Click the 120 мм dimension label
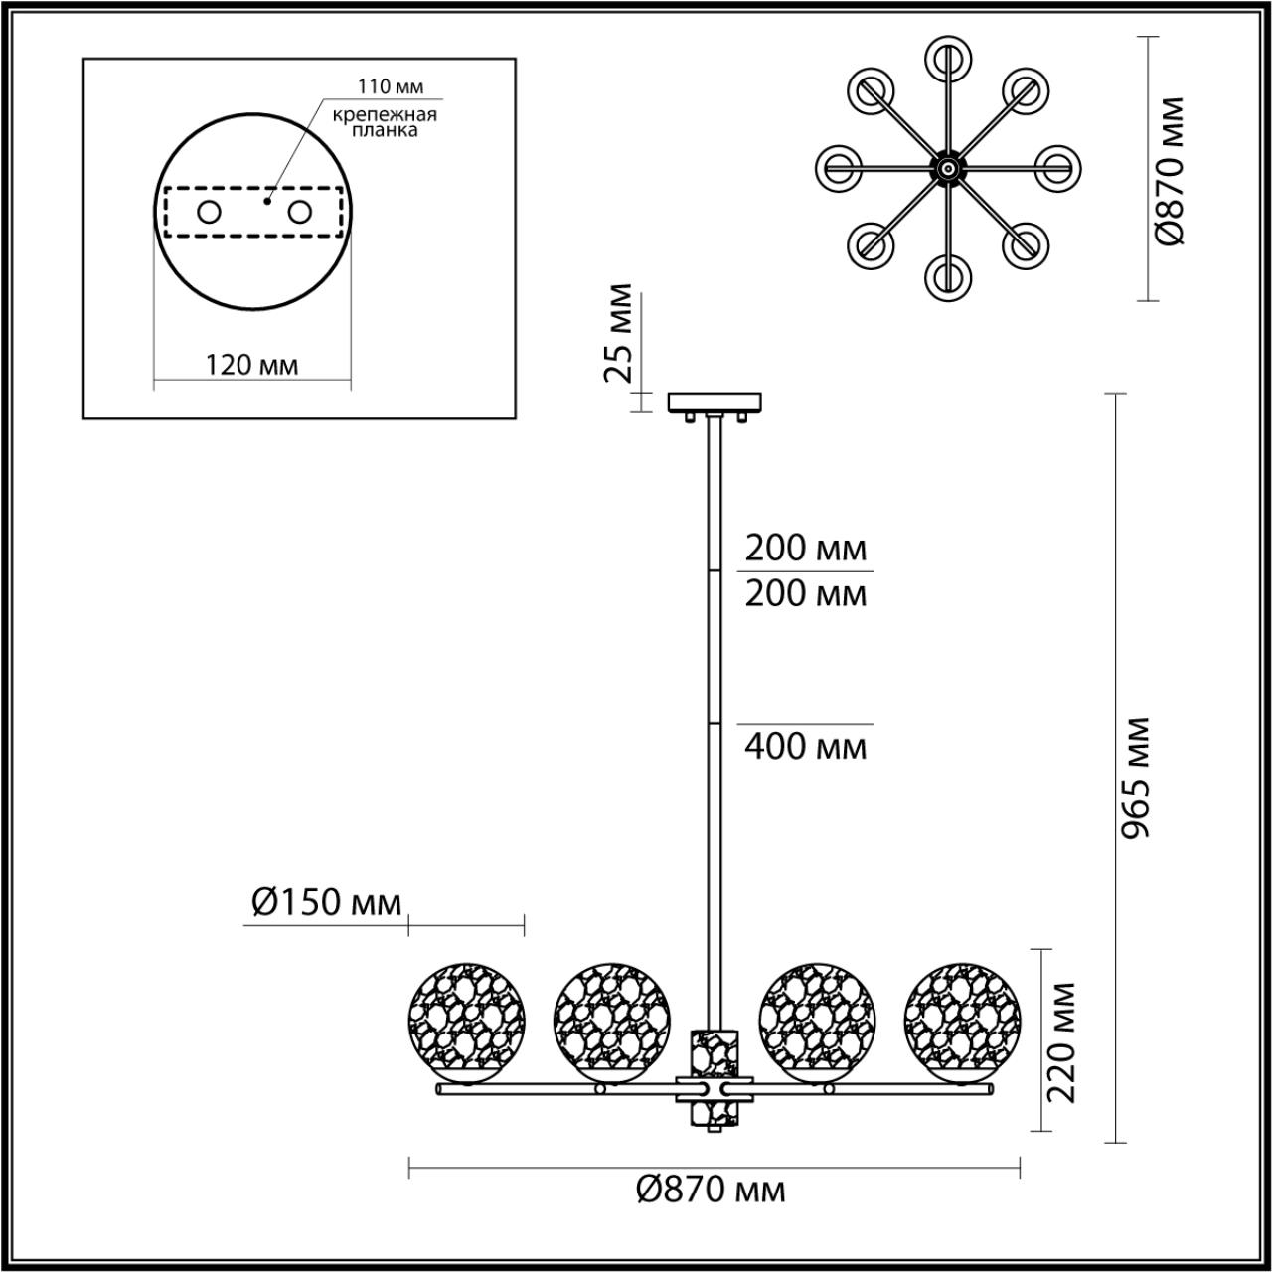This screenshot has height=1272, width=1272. click(251, 365)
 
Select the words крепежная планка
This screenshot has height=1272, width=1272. click(385, 122)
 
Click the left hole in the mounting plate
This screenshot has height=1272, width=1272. click(210, 212)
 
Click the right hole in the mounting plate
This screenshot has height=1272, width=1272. click(299, 212)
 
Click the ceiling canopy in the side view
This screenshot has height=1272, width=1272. click(715, 402)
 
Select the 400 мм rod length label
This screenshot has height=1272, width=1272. click(806, 745)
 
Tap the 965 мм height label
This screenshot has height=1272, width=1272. click(1136, 778)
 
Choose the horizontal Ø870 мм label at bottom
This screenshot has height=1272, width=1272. click(711, 1189)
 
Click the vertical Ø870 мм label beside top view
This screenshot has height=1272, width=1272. click(1170, 171)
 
